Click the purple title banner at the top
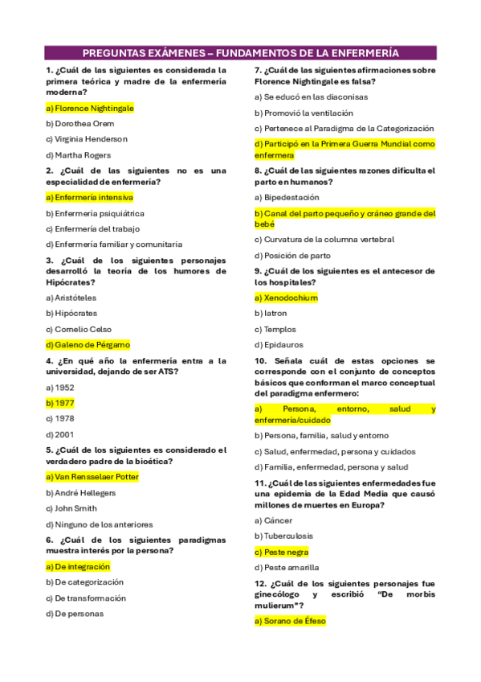click(x=240, y=53)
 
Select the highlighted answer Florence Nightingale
click(x=90, y=108)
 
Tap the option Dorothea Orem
click(x=80, y=124)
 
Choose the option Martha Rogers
click(x=78, y=154)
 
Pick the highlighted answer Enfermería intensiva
click(x=89, y=197)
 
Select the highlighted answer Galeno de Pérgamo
click(x=88, y=344)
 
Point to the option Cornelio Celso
click(x=79, y=329)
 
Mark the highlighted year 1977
click(x=60, y=402)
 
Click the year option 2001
click(x=60, y=434)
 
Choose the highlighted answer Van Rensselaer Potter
click(x=92, y=477)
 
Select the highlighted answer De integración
click(x=78, y=566)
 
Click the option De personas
click(x=75, y=614)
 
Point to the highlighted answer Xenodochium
click(x=286, y=298)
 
